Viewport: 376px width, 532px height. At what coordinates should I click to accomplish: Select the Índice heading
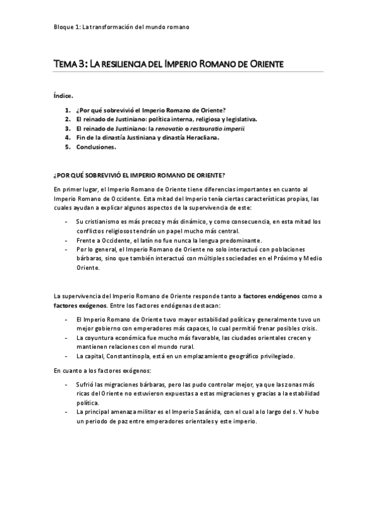pos(63,96)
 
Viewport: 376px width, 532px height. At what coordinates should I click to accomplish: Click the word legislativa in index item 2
pos(237,119)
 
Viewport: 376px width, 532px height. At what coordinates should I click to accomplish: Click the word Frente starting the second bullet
pos(85,240)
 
